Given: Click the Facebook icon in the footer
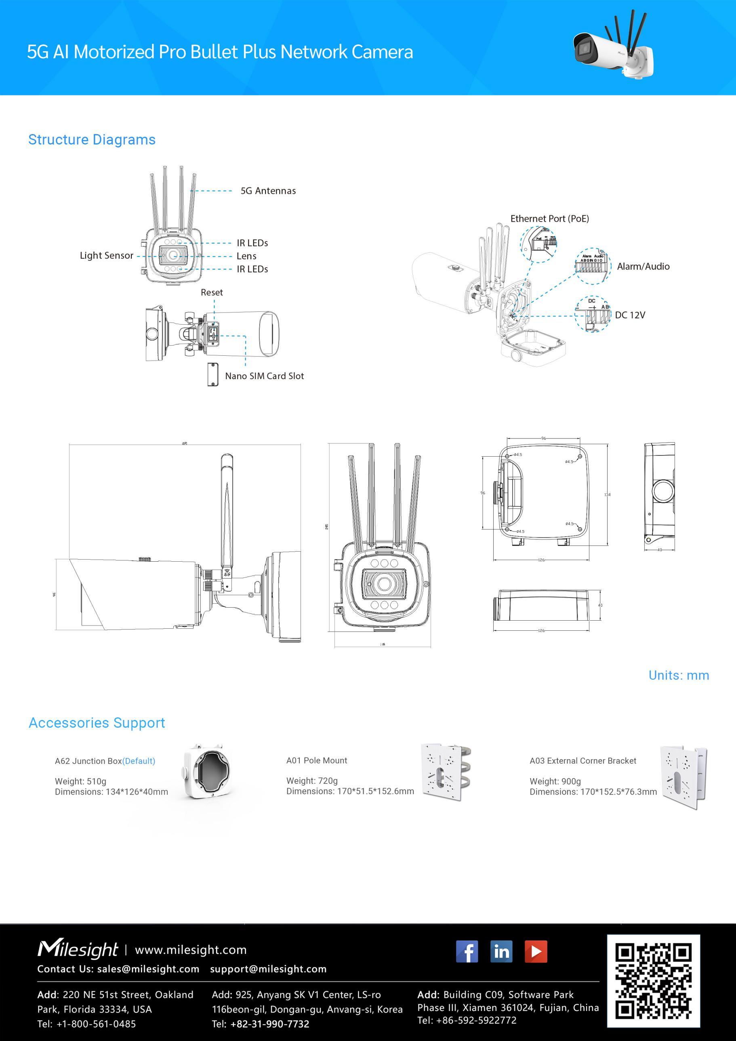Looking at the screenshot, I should click(x=467, y=951).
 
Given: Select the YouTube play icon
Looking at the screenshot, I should click(x=536, y=951).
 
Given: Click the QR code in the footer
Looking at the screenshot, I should click(x=654, y=981).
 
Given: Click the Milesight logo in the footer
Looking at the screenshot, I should click(x=78, y=949).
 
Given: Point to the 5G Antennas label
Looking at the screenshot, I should click(x=268, y=191).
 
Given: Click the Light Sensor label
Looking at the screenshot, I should click(x=107, y=256).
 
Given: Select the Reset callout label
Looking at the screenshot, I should click(x=212, y=292).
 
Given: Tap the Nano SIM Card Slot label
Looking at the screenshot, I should click(x=264, y=376).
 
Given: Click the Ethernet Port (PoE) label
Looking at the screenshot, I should click(x=550, y=218).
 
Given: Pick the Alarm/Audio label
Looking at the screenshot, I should click(x=643, y=267).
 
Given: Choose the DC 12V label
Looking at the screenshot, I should click(x=630, y=315).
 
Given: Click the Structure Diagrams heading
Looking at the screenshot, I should click(x=92, y=140).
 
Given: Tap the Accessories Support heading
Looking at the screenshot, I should click(x=97, y=723).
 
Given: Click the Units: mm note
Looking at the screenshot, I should click(x=678, y=675).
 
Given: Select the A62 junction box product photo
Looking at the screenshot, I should click(x=207, y=776).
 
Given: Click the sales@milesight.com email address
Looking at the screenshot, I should click(x=148, y=969).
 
